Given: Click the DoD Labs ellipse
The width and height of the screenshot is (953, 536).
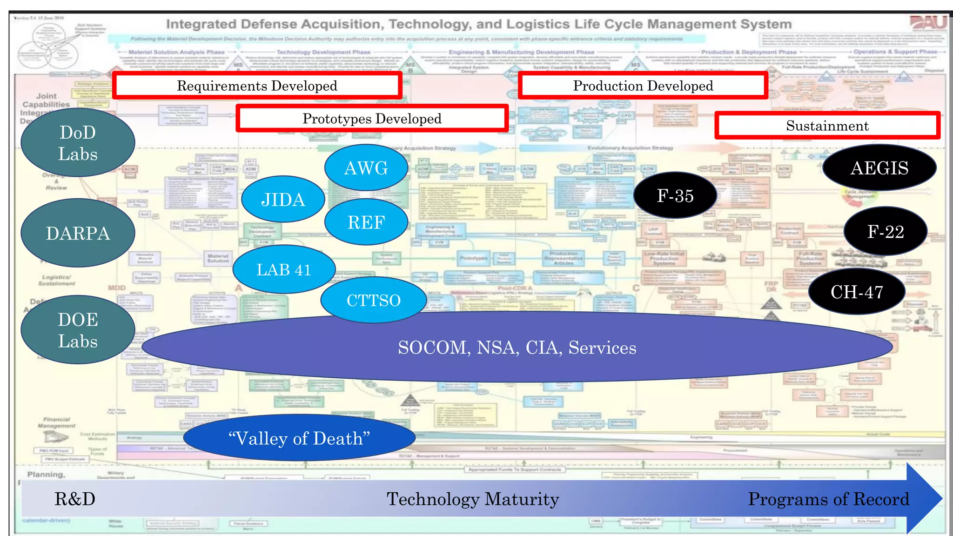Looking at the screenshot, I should [x=78, y=143].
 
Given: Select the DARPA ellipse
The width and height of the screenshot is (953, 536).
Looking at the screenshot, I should [x=78, y=233].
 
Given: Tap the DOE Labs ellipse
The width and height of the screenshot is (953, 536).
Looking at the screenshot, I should [x=78, y=330].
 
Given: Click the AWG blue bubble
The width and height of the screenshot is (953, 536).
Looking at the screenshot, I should [x=366, y=168].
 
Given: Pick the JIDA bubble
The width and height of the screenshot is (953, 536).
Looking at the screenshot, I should [x=283, y=200].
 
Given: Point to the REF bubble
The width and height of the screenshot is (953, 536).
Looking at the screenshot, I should [x=366, y=222].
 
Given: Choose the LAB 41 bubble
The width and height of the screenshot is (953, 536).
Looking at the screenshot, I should [x=284, y=269].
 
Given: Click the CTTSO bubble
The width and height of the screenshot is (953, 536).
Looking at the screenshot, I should [x=374, y=300].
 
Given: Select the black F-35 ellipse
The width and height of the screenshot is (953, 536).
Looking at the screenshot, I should [x=675, y=195].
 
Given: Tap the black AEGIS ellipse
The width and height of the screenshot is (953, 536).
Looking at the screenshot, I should [x=879, y=168].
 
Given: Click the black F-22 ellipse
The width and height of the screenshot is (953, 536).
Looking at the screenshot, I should [x=886, y=232].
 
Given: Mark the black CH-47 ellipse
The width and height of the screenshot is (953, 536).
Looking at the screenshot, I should [x=857, y=292].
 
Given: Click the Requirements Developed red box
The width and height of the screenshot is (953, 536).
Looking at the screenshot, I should [x=257, y=86].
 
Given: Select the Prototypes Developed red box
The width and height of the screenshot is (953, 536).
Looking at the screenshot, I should [x=372, y=119].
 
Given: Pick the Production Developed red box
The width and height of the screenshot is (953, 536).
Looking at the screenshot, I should [x=643, y=86].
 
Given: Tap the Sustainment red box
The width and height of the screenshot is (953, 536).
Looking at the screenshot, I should [x=827, y=126].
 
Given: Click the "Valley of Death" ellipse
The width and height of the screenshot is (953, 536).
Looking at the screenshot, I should [x=299, y=438].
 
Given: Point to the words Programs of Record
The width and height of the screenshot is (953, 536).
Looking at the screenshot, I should [x=828, y=499].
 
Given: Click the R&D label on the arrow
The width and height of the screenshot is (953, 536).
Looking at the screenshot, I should [x=75, y=499].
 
